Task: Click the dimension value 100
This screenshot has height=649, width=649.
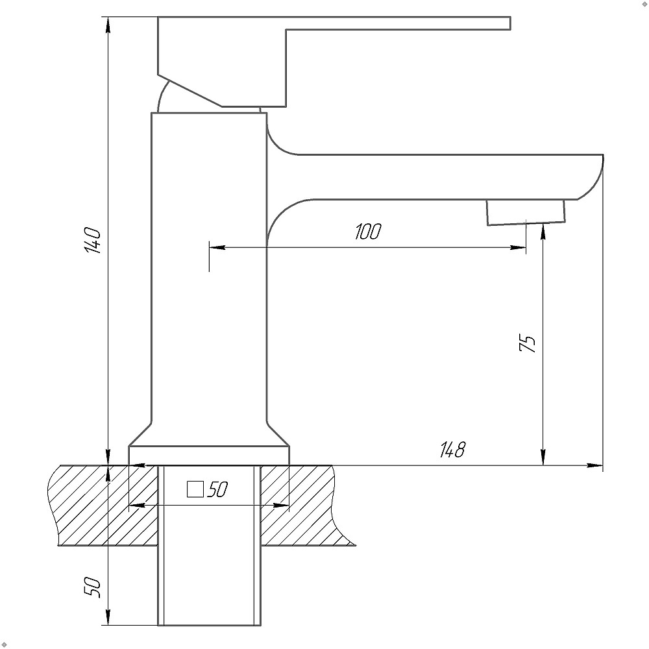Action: [368, 232]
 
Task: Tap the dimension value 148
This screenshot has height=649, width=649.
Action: [452, 449]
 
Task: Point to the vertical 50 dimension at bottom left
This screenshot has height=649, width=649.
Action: [92, 587]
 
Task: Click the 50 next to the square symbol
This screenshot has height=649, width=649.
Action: [217, 489]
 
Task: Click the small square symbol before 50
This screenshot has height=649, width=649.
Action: [195, 489]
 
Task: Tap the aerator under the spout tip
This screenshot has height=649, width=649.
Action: [526, 212]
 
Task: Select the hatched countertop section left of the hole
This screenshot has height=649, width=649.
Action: [103, 506]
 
